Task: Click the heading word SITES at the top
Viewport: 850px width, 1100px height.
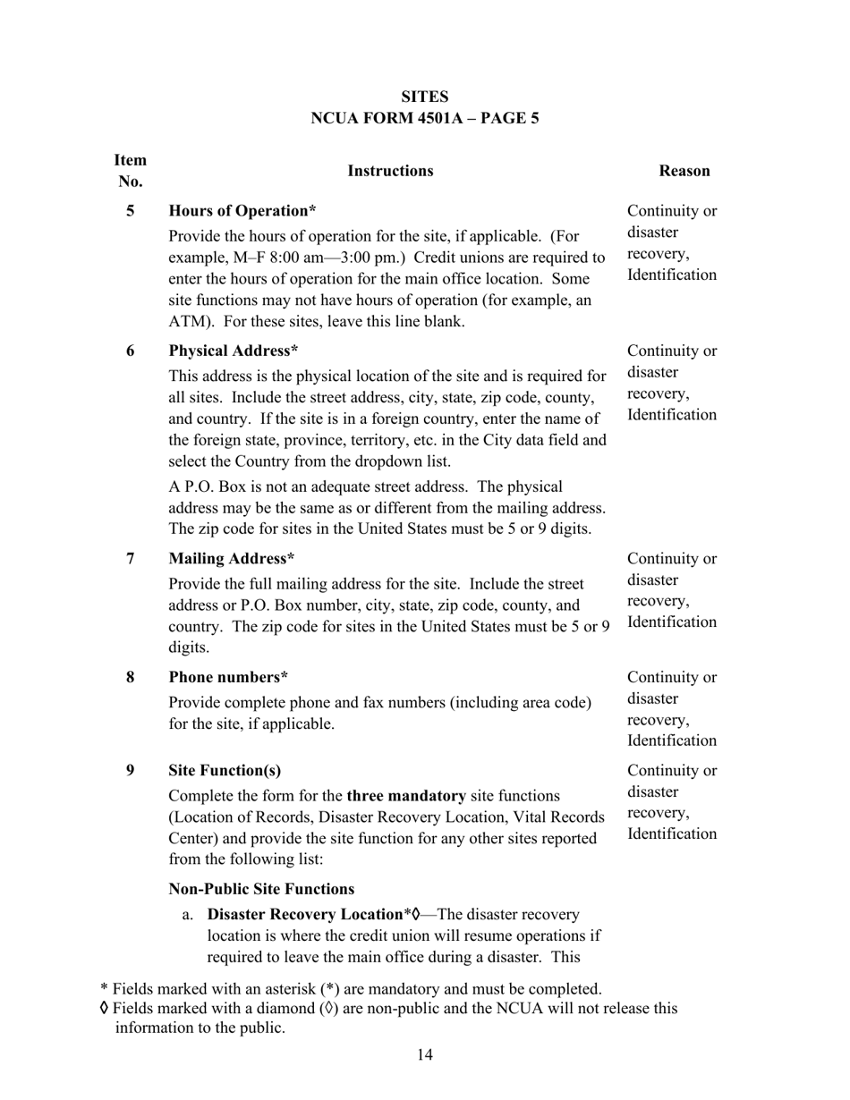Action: click(424, 97)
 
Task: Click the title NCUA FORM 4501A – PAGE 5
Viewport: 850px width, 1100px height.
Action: click(424, 118)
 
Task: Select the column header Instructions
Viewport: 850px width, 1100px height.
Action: click(390, 171)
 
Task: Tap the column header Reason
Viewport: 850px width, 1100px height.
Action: click(684, 171)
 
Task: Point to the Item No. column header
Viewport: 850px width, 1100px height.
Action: click(131, 171)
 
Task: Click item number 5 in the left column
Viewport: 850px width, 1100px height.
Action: click(131, 212)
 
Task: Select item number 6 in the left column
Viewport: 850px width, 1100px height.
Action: click(131, 351)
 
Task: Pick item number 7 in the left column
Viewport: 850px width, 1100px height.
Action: click(131, 559)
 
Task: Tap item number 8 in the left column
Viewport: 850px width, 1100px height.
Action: click(131, 677)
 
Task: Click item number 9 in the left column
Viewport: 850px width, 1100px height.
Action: click(131, 771)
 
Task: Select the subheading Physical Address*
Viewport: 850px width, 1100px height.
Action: click(234, 351)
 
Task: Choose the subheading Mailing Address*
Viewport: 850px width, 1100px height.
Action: click(232, 559)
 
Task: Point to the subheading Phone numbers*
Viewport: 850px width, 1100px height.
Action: click(228, 677)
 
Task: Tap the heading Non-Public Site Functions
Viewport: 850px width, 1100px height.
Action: click(261, 889)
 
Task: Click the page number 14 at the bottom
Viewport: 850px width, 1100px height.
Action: click(424, 1055)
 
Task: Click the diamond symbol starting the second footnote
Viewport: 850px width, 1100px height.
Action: click(105, 1009)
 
